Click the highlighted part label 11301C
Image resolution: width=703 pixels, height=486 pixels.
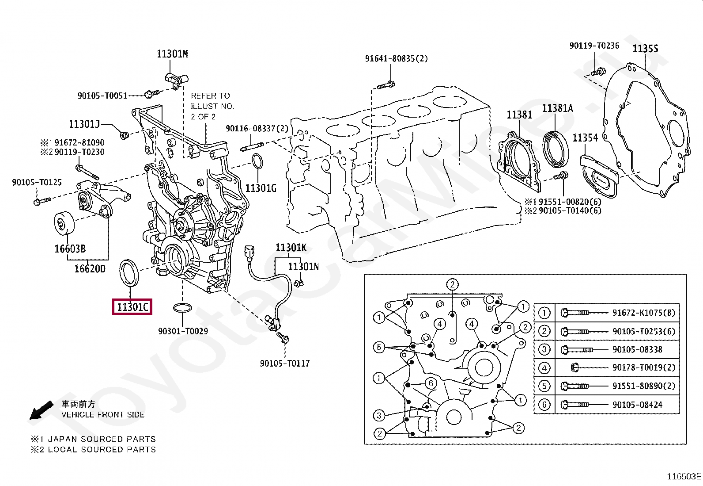132,306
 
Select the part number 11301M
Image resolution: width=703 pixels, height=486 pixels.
172,54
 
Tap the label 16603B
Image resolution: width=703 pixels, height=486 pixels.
70,249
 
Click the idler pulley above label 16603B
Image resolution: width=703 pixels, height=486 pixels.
64,224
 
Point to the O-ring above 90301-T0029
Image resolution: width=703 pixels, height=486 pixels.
182,307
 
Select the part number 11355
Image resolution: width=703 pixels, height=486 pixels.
645,49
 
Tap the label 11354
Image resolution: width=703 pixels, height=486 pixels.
585,138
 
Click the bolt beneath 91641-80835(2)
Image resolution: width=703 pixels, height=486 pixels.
386,84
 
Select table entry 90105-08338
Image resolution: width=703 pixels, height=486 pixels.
637,350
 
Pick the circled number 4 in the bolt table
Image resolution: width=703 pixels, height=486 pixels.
544,368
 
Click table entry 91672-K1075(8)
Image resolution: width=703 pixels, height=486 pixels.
643,313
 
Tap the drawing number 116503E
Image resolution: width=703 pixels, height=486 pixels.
684,476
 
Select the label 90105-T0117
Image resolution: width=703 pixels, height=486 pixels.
285,364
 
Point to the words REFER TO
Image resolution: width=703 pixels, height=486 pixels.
210,96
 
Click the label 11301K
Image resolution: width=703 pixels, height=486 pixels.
291,248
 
